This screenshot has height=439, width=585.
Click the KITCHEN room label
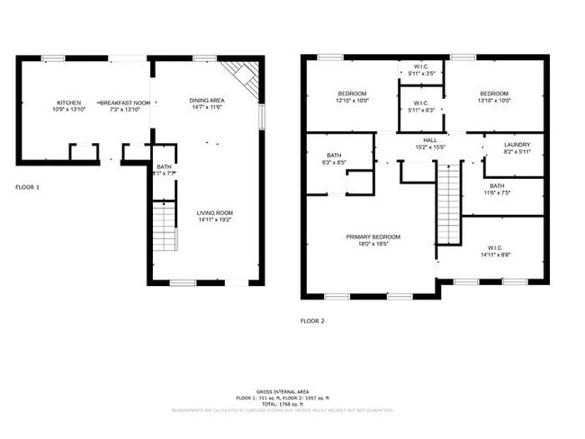pos(68,103)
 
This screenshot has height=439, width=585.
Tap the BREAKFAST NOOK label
pos(124,103)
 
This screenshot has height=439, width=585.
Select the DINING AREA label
pos(207,100)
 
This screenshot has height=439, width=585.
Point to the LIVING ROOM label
pos(214,212)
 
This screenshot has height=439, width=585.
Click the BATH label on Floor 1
pos(164,166)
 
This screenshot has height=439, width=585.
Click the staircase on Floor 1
pos(163,227)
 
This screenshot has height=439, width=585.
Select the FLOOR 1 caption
pos(27,187)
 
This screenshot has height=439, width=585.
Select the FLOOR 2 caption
pos(312,320)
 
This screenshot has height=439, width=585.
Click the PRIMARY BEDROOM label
pos(373,237)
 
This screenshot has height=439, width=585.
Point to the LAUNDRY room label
pos(517,144)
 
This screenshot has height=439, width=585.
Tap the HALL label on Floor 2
pos(430,140)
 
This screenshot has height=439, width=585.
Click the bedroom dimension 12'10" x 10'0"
pos(352,101)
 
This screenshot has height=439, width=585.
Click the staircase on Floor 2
pos(448,202)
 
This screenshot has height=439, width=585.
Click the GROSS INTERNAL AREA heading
pos(283,392)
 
